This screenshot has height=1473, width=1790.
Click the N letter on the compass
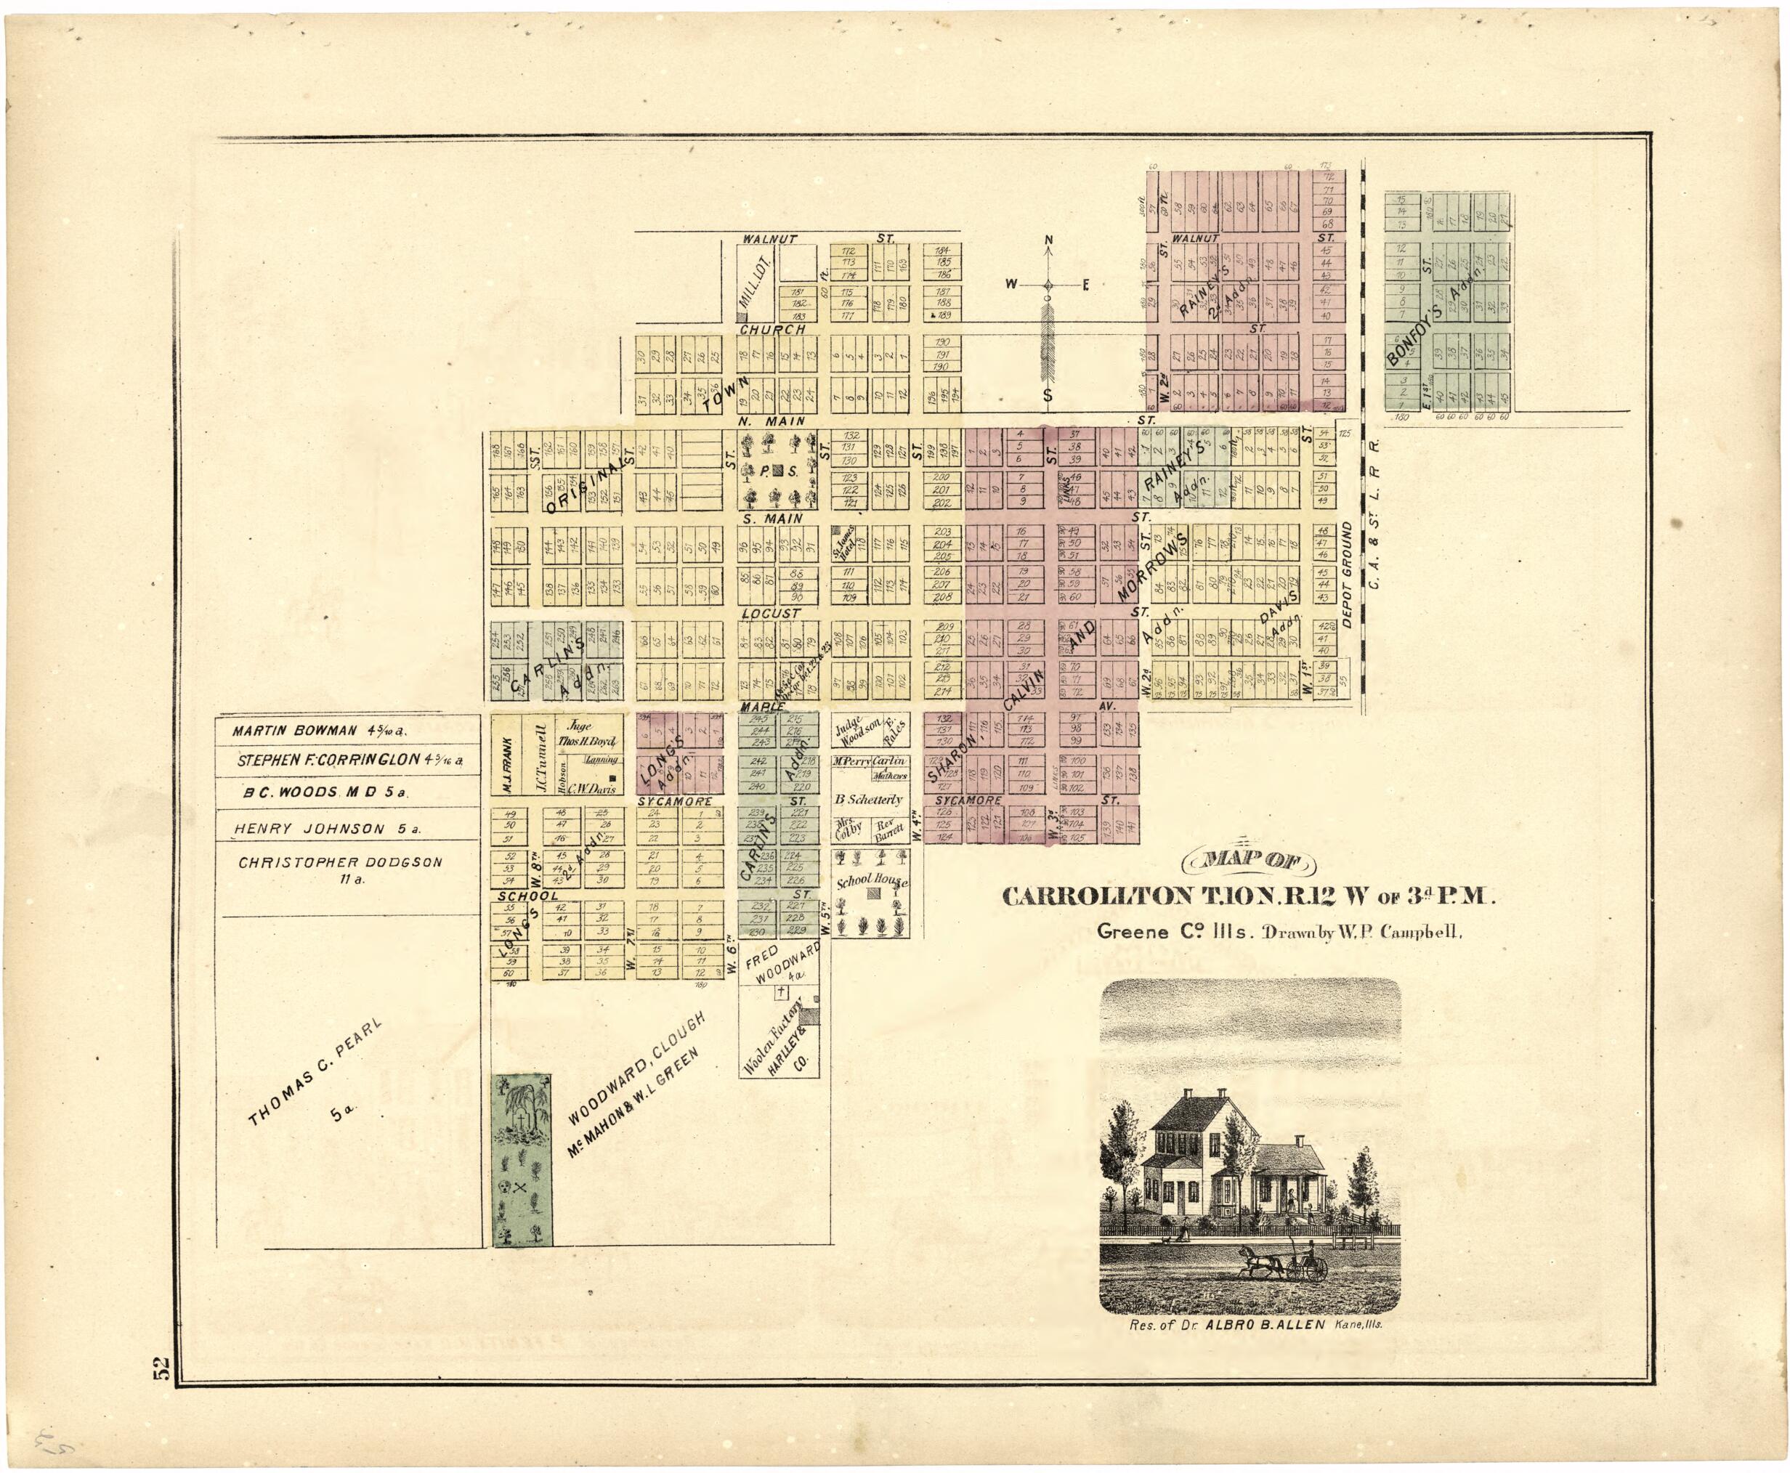click(1048, 241)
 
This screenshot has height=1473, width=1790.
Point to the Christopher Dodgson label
click(340, 862)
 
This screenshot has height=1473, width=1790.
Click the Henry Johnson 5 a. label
click(328, 829)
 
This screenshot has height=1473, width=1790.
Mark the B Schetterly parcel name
click(869, 798)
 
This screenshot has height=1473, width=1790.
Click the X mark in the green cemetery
click(520, 1186)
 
